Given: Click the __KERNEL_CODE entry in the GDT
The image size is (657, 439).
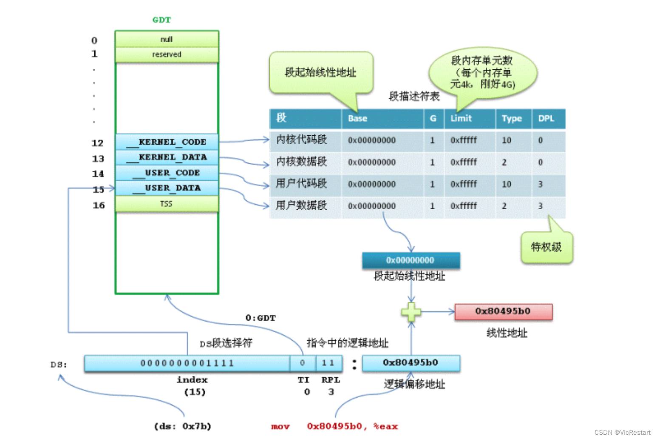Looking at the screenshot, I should pyautogui.click(x=167, y=142).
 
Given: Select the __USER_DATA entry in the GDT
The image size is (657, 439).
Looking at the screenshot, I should pyautogui.click(x=167, y=188).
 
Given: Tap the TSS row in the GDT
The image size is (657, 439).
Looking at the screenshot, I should pyautogui.click(x=167, y=204).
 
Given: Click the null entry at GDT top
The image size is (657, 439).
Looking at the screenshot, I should pyautogui.click(x=167, y=39).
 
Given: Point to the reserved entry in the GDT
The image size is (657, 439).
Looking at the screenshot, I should pyautogui.click(x=167, y=54).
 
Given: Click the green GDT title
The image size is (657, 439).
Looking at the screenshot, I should pyautogui.click(x=161, y=20).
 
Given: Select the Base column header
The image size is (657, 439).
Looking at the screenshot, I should pyautogui.click(x=358, y=119).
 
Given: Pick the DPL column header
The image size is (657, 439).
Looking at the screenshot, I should pyautogui.click(x=546, y=119).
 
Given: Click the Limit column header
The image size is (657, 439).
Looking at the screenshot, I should pyautogui.click(x=461, y=119).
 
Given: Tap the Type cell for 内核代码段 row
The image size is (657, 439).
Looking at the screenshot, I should pyautogui.click(x=507, y=140).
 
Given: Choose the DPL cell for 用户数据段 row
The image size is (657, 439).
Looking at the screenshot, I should pyautogui.click(x=541, y=206).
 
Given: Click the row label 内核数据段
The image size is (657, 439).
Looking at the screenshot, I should pyautogui.click(x=301, y=162).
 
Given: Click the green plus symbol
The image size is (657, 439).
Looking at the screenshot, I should pyautogui.click(x=411, y=312).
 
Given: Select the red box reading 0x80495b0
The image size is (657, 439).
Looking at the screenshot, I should pyautogui.click(x=503, y=311).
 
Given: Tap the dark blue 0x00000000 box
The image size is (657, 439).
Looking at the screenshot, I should pyautogui.click(x=411, y=260).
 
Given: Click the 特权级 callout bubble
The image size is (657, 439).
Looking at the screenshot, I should pyautogui.click(x=547, y=247).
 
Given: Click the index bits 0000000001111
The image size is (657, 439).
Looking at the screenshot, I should pyautogui.click(x=187, y=363).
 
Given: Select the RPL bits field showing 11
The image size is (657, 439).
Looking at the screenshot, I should pyautogui.click(x=328, y=363).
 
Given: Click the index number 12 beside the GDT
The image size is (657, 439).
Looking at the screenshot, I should pyautogui.click(x=98, y=143).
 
